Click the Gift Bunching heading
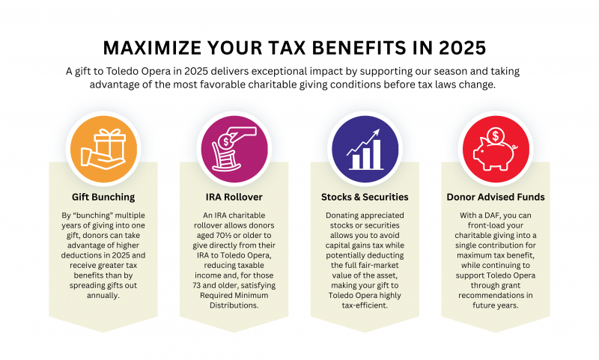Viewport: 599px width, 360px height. [x=104, y=198]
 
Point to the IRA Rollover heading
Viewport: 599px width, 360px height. [x=234, y=198]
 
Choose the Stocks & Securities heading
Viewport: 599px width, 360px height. [x=364, y=198]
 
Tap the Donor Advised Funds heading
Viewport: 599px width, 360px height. [x=494, y=198]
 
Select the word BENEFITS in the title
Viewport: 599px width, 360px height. [x=350, y=47]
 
